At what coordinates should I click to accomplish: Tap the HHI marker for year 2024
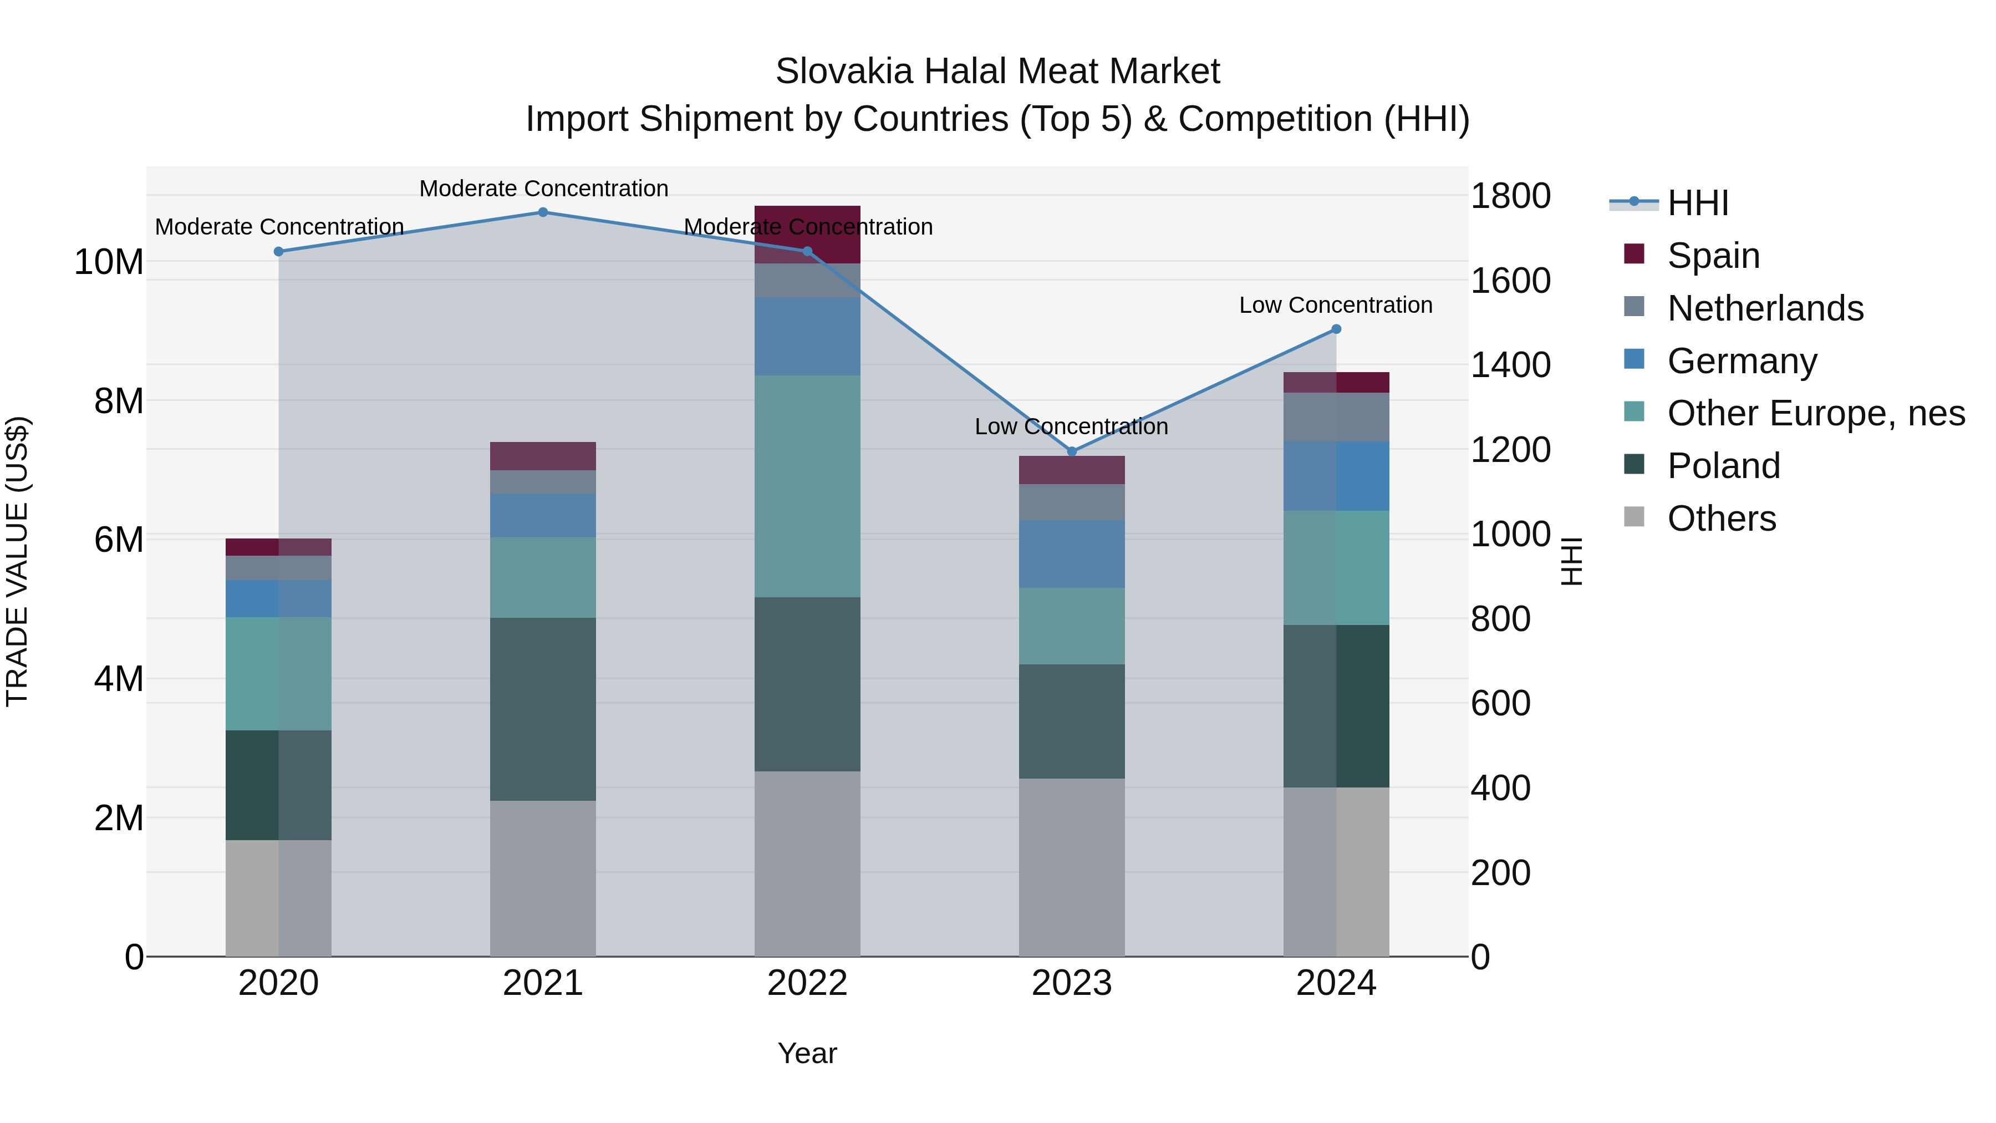click(1336, 329)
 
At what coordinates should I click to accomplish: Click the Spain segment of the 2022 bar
click(807, 234)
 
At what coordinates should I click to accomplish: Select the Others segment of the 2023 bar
click(1072, 867)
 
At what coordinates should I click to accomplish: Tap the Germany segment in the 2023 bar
click(1072, 553)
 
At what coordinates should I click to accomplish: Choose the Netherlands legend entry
click(1765, 308)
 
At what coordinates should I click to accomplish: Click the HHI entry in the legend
click(1697, 203)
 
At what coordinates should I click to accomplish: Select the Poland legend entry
click(1723, 466)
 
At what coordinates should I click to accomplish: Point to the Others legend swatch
click(1633, 517)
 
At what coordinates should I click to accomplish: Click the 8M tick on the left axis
click(119, 401)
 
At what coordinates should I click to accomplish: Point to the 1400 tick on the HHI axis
click(1510, 365)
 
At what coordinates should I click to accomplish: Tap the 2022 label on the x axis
click(807, 983)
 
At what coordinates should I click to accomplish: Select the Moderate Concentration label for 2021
click(543, 189)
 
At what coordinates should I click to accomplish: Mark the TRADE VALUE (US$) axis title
click(17, 561)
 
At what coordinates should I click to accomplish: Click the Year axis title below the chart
click(807, 1053)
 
